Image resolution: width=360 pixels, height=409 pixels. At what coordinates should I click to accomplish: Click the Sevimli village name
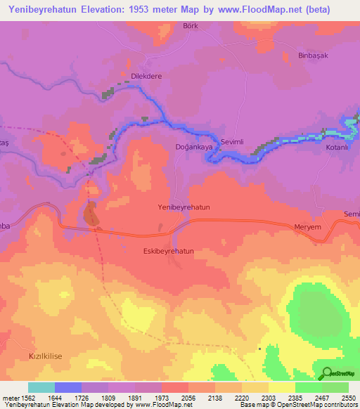click(x=232, y=142)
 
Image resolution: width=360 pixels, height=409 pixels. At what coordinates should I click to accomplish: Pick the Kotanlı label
click(x=338, y=148)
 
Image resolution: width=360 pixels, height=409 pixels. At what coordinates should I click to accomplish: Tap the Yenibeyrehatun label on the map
click(x=184, y=208)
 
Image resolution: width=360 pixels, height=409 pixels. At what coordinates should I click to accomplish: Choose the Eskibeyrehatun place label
click(x=168, y=250)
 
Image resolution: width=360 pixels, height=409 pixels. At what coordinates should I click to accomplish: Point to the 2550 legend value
click(x=348, y=397)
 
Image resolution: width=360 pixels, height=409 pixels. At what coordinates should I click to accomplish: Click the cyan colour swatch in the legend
click(x=41, y=387)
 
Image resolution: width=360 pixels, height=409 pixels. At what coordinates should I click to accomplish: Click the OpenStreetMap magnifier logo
click(x=326, y=372)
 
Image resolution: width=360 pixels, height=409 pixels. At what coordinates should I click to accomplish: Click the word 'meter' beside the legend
click(x=9, y=397)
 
